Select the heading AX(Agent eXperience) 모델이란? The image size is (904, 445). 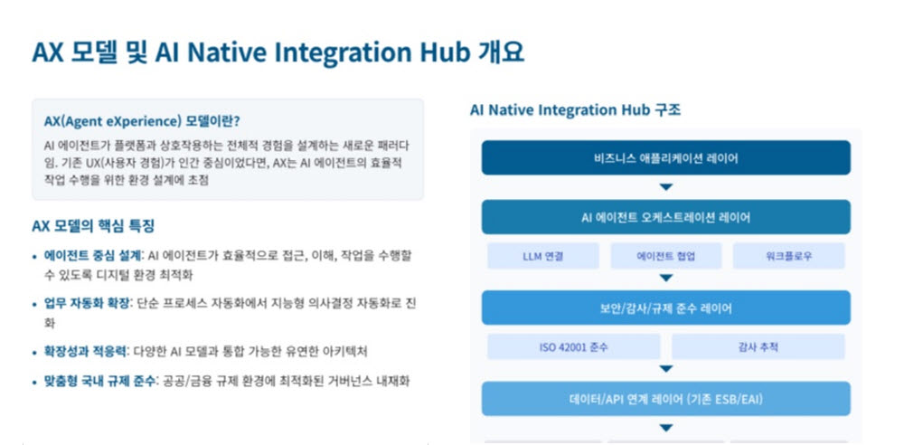pyautogui.click(x=142, y=122)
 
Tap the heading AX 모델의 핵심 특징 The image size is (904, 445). pyautogui.click(x=93, y=226)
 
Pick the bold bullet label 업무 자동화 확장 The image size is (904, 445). pyautogui.click(x=88, y=304)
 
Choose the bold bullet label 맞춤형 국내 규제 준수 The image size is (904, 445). pyautogui.click(x=99, y=381)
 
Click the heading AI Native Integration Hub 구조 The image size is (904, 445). pyautogui.click(x=575, y=110)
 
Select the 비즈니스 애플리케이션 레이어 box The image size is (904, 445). pyautogui.click(x=666, y=157)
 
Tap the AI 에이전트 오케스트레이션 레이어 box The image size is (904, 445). pyautogui.click(x=666, y=217)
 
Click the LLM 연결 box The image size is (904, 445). pyautogui.click(x=543, y=256)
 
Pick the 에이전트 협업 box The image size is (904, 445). pyautogui.click(x=666, y=256)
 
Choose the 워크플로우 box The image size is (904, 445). pyautogui.click(x=788, y=256)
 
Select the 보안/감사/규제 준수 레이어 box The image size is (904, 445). pyautogui.click(x=666, y=308)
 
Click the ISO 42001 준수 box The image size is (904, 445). pyautogui.click(x=574, y=347)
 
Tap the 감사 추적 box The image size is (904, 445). pyautogui.click(x=758, y=347)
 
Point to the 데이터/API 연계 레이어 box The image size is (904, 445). pyautogui.click(x=666, y=398)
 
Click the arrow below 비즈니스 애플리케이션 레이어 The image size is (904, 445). pyautogui.click(x=666, y=187)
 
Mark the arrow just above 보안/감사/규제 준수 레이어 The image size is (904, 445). pyautogui.click(x=666, y=279)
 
